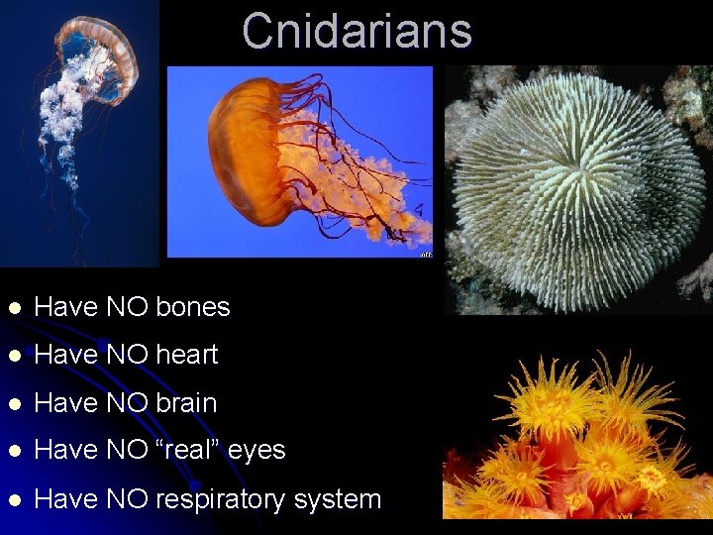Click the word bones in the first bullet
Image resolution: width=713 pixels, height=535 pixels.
193,307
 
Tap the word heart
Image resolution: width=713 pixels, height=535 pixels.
186,355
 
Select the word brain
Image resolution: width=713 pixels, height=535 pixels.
186,403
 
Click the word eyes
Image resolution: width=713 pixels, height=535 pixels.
256,451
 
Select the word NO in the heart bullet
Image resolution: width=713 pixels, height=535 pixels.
126,355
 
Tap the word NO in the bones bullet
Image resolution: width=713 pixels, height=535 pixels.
126,307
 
